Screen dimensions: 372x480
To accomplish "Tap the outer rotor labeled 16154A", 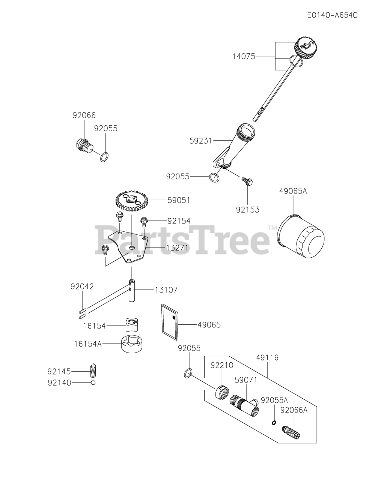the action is [x=134, y=343].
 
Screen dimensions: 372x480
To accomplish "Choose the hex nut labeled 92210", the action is [x=221, y=392].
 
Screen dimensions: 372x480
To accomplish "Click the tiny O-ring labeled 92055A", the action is [x=274, y=423].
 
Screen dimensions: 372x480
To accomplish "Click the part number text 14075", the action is [x=244, y=57].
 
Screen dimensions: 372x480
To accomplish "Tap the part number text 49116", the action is [x=268, y=358].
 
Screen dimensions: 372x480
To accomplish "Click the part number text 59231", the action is [x=201, y=141].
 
